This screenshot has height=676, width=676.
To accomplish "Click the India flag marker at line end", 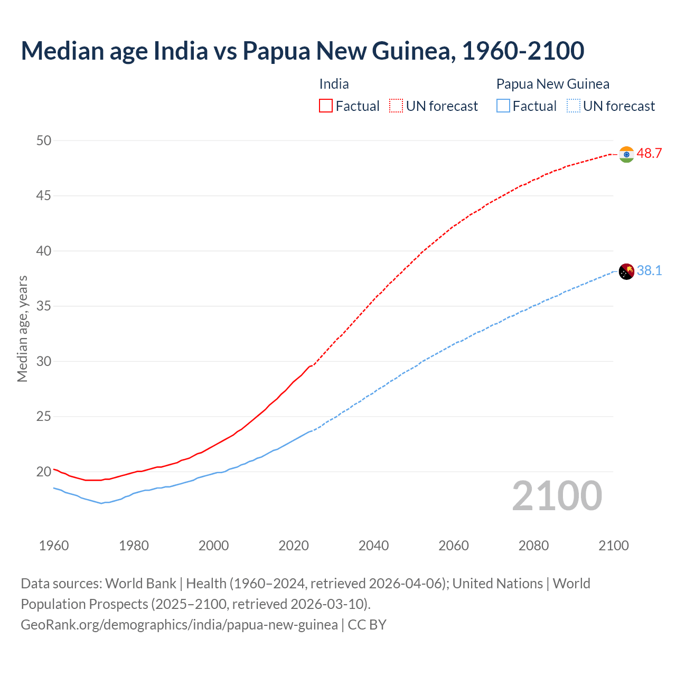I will click(626, 154).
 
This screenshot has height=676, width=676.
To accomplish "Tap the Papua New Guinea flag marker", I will click(626, 271).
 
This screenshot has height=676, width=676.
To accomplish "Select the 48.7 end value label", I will click(649, 154).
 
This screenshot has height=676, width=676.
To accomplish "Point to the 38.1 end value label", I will click(649, 271).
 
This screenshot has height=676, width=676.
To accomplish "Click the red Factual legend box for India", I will click(326, 106).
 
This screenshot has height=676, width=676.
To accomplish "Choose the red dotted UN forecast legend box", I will click(396, 106).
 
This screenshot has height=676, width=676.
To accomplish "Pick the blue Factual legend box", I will click(503, 106).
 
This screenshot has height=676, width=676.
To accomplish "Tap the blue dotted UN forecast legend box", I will click(574, 106).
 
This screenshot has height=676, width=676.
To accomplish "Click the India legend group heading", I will click(334, 84).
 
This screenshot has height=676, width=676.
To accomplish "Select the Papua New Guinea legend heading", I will click(552, 84).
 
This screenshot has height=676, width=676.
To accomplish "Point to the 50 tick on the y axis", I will click(44, 140).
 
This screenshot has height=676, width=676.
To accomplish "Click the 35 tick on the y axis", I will click(44, 306).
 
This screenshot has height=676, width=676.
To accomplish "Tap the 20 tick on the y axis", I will click(44, 472).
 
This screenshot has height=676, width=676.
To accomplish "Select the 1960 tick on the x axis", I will click(54, 546).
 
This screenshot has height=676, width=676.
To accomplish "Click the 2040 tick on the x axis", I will click(373, 546).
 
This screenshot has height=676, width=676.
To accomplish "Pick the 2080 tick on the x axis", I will click(533, 546).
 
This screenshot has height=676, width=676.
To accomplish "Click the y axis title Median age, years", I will click(22, 328).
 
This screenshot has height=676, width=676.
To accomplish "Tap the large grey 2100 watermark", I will click(557, 496).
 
